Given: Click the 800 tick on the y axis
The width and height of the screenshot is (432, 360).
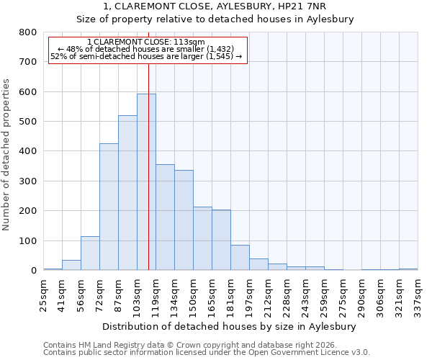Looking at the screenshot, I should (28, 32).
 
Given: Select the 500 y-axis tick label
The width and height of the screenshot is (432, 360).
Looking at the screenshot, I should (28, 122).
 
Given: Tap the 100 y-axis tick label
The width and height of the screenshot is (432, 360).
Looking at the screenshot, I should (28, 241).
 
